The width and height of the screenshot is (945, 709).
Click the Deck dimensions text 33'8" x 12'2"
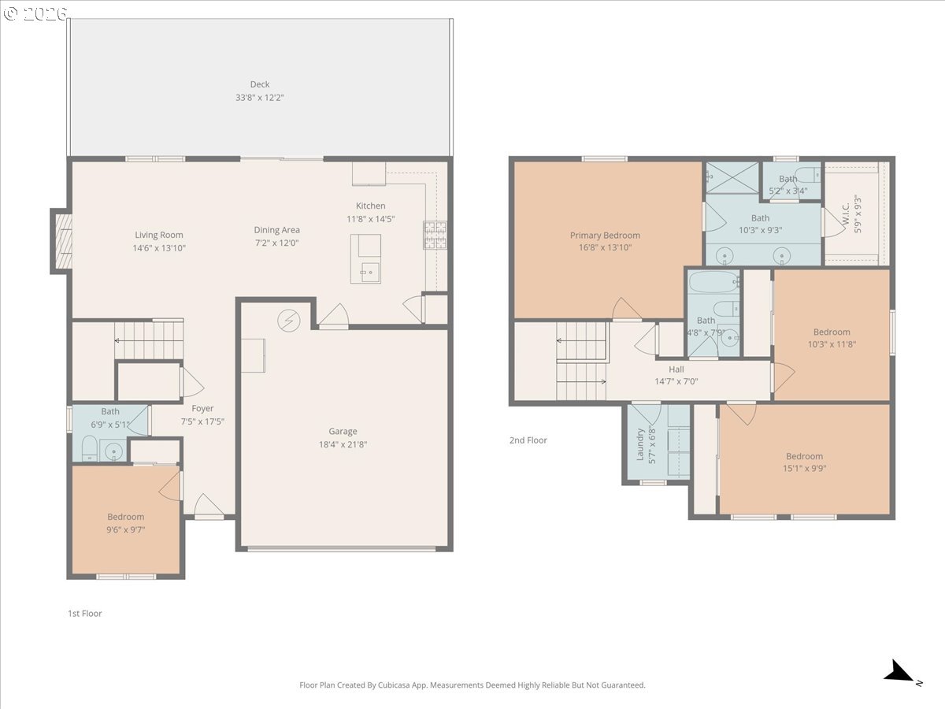pos(259,98)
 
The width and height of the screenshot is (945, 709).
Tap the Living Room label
pos(159,235)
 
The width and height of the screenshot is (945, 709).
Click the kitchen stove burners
pos(435,235)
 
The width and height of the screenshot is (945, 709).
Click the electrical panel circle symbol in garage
pos(288,321)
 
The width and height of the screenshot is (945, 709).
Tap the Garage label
pos(343,431)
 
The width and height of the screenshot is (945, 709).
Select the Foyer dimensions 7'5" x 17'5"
pos(202,421)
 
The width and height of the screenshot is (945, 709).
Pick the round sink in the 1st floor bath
pos(115,452)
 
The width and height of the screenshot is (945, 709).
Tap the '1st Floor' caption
pos(84,613)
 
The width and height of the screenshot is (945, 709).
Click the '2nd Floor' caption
pos(528,440)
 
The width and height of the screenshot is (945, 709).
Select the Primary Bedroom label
pos(605,235)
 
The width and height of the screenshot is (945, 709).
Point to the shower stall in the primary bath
pos(732,178)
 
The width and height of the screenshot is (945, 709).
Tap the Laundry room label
pos(640,444)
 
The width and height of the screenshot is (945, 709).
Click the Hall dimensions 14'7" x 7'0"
pos(676,381)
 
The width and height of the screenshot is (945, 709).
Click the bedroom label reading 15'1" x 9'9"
pos(804,462)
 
